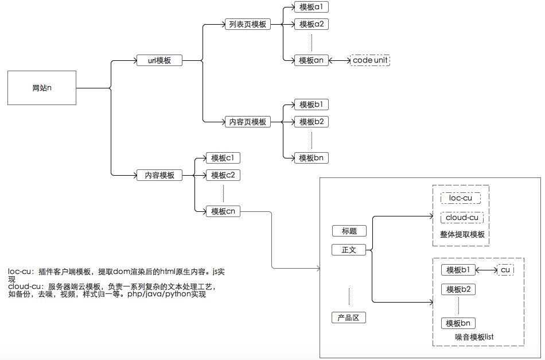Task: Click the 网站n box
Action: coord(42,88)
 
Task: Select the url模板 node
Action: coord(159,60)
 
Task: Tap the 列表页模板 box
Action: coord(247,25)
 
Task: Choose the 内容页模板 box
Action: coord(247,122)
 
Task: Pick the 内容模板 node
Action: coord(159,175)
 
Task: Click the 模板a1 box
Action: coord(312,7)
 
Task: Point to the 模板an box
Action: coord(312,60)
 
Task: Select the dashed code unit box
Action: coord(370,60)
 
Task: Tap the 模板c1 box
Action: coord(223,158)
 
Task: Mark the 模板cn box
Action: coord(223,211)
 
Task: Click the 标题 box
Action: coord(349,231)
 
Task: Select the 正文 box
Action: coord(349,250)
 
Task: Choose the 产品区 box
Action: coord(349,318)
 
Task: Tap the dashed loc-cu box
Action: coord(460,198)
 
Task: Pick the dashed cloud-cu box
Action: coord(462,218)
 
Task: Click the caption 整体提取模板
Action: coord(461,235)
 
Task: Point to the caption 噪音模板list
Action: coord(474,337)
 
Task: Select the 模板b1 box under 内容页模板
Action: coord(312,105)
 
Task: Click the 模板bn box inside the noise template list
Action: coord(458,323)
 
